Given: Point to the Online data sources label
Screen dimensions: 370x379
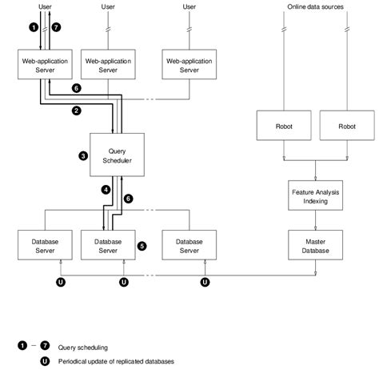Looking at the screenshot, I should pyautogui.click(x=317, y=7).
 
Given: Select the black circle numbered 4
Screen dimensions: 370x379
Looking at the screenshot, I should pyautogui.click(x=106, y=190).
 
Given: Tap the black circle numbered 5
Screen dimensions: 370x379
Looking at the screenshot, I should pyautogui.click(x=142, y=246).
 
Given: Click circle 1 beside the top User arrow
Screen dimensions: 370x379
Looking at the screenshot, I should pyautogui.click(x=34, y=27).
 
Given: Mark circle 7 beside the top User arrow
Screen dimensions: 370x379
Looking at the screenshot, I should pyautogui.click(x=55, y=27).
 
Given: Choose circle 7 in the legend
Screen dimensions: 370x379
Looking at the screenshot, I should pyautogui.click(x=45, y=345).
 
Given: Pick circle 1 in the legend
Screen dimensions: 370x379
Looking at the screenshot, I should pyautogui.click(x=22, y=345).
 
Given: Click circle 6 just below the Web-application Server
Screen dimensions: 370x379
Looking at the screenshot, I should pyautogui.click(x=76, y=87).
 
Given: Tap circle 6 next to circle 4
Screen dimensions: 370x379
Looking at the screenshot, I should pyautogui.click(x=129, y=197).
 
